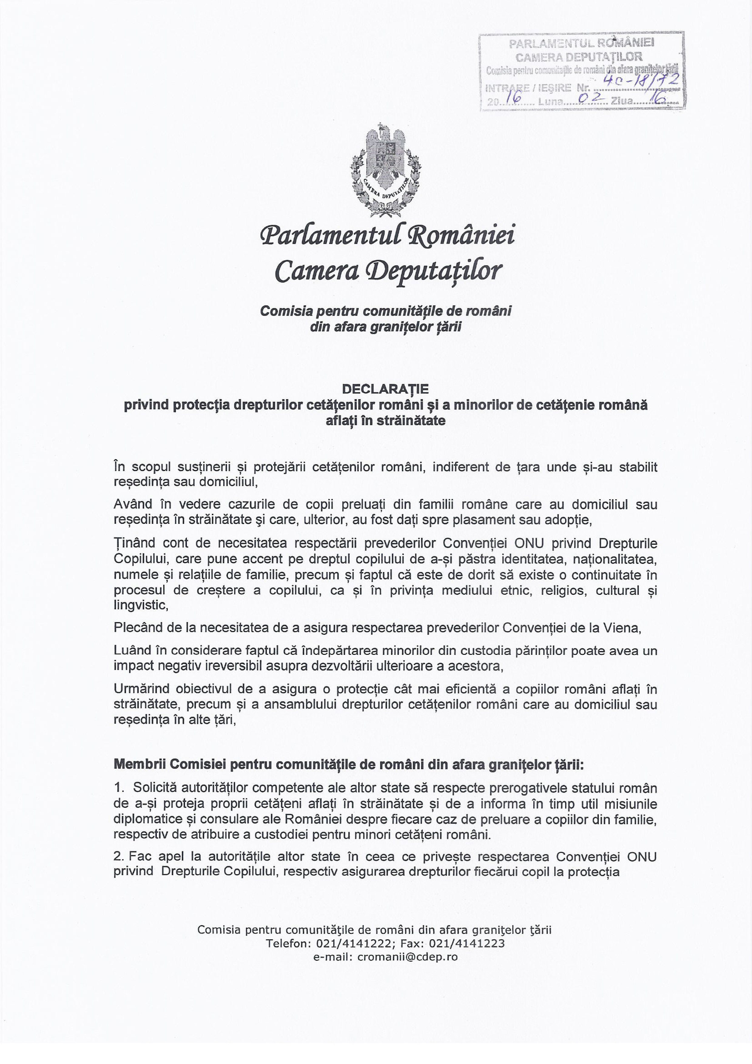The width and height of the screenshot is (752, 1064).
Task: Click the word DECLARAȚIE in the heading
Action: [x=386, y=388]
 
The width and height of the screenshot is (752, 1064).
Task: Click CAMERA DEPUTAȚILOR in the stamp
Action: [x=579, y=57]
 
